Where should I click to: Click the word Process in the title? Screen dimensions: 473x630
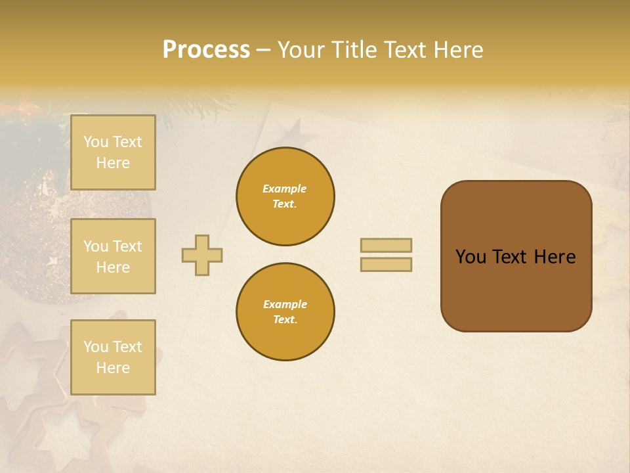pos(206,50)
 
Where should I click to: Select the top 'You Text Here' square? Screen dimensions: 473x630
pos(113,152)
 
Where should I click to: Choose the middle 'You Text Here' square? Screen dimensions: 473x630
pos(113,256)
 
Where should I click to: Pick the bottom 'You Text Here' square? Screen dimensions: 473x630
pos(113,357)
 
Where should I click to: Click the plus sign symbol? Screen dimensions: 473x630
pos(202,255)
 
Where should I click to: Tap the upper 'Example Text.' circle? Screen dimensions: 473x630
pos(285,196)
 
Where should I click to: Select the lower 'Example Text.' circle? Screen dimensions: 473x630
pos(285,311)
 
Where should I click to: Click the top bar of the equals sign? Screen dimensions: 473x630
pos(386,245)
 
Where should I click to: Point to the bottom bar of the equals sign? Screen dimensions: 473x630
pos(386,264)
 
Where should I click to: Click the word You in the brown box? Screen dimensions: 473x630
pos(471,257)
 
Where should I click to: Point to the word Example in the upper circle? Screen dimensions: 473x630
pos(285,189)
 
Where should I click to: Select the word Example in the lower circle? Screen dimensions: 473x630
pos(285,304)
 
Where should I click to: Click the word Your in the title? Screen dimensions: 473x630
pos(299,50)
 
